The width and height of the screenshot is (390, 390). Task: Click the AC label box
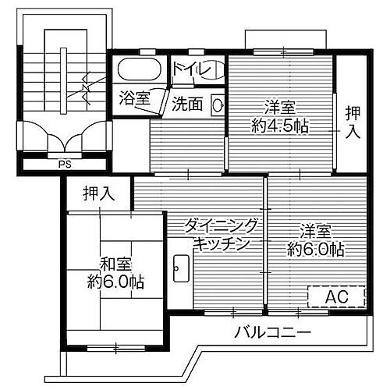coord(335,297)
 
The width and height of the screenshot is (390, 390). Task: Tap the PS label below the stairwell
coord(63,165)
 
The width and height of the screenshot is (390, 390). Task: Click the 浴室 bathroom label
coord(134,99)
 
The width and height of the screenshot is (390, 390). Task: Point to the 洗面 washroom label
coord(187,101)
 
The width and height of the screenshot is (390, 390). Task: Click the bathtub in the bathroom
coord(140,69)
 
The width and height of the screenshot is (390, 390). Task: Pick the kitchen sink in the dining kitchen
coord(179,268)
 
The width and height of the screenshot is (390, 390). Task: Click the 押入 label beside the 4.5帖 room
coord(353,122)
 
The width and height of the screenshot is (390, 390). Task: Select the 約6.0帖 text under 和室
coord(114,281)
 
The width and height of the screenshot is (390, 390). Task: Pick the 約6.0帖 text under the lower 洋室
coord(315,250)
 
